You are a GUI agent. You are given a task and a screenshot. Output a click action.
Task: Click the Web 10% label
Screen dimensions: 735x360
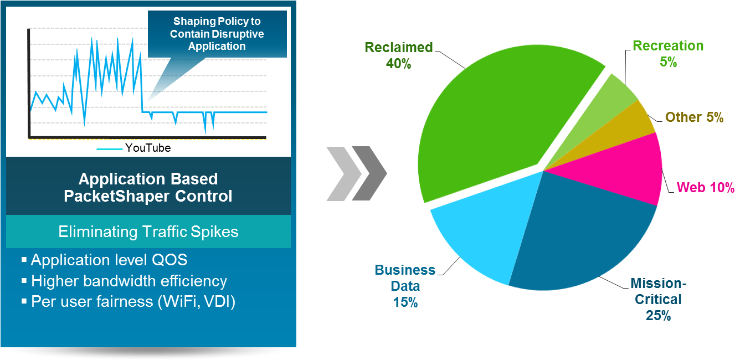pyautogui.click(x=705, y=187)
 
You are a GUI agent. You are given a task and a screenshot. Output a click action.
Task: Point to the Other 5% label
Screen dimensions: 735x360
pyautogui.click(x=694, y=117)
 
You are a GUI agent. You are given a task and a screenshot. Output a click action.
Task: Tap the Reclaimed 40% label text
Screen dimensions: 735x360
pyautogui.click(x=399, y=55)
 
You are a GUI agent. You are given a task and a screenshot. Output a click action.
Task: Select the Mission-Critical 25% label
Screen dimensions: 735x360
pyautogui.click(x=658, y=299)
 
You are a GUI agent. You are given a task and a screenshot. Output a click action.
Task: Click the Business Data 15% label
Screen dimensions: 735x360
pyautogui.click(x=405, y=286)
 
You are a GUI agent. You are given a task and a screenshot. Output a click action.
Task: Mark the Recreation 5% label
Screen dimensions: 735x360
pyautogui.click(x=668, y=54)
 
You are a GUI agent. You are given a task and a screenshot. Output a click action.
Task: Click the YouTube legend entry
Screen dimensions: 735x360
pyautogui.click(x=134, y=148)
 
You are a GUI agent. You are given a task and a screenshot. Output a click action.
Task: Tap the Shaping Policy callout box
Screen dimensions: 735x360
pyautogui.click(x=217, y=34)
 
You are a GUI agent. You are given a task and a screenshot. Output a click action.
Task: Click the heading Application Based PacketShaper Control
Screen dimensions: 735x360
pyautogui.click(x=148, y=187)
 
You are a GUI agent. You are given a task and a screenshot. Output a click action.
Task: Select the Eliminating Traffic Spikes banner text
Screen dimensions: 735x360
pyautogui.click(x=148, y=232)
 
